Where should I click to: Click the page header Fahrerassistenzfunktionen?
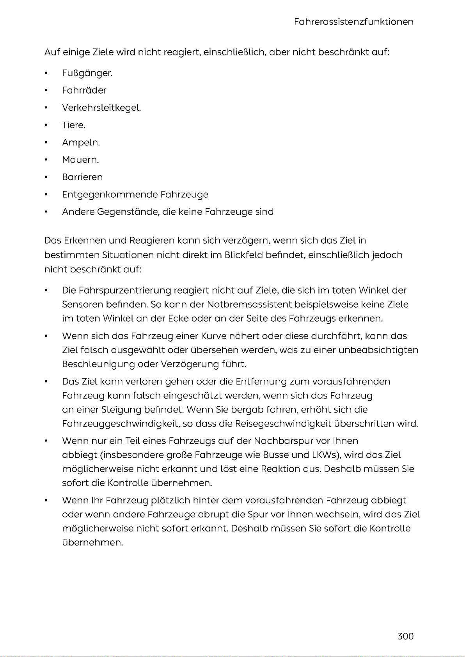pos(353,22)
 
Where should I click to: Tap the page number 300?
pos(405,636)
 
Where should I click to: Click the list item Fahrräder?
pos(84,90)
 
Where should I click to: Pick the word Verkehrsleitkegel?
pos(101,108)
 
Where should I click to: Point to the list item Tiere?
pos(73,125)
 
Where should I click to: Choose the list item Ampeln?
pos(81,143)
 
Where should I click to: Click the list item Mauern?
pos(80,160)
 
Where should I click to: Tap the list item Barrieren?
pos(82,177)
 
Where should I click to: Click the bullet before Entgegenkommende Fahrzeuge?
pos(46,195)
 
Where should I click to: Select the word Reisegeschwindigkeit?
pos(283,424)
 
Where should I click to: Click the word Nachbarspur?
pos(283,441)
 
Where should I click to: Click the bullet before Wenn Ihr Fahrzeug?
pos(46,500)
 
